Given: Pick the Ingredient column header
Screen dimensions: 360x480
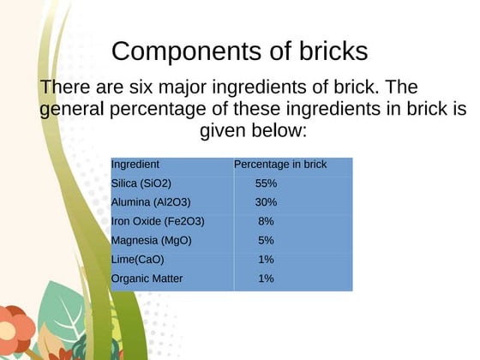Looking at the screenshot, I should click(135, 165).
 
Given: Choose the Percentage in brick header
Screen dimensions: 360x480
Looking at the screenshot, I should click(280, 165).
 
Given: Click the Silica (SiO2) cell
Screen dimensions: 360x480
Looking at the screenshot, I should click(141, 183).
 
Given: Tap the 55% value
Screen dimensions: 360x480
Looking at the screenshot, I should click(266, 183).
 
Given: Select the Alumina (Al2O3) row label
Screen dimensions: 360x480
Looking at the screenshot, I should click(151, 202).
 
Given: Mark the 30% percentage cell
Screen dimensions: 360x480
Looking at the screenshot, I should click(266, 202).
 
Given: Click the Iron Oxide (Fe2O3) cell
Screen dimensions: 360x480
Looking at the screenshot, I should click(158, 221).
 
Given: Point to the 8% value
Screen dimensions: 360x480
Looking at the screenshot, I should click(266, 221).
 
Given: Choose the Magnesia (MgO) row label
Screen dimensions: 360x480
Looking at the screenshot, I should click(151, 240).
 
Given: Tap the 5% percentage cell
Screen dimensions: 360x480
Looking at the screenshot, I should click(266, 240).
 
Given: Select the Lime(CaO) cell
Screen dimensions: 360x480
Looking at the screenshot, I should click(137, 259).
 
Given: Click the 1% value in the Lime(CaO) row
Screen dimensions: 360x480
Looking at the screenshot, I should click(266, 259).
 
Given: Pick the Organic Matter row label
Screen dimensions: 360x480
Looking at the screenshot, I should click(147, 279).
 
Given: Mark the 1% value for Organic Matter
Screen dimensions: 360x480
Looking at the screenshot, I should click(266, 279).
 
